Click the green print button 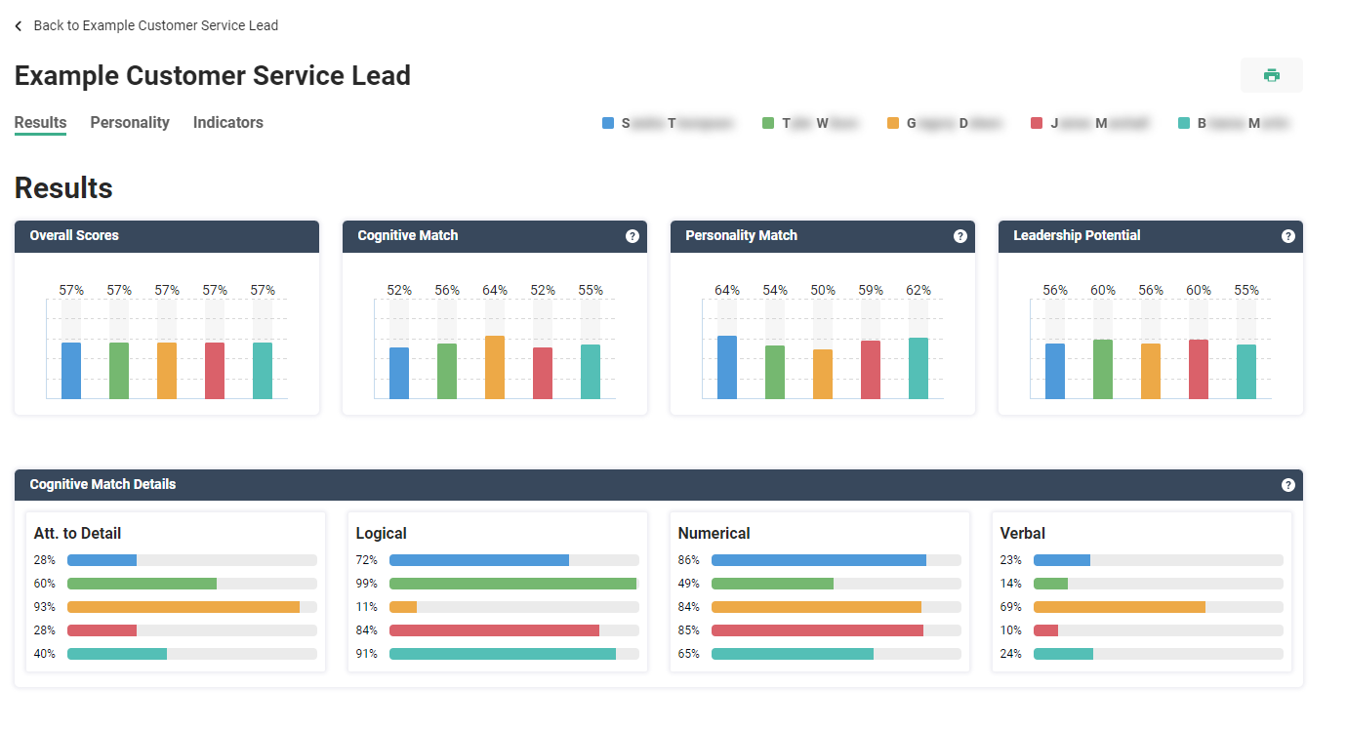[x=1271, y=75]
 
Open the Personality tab [x=130, y=123]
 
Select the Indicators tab [x=228, y=123]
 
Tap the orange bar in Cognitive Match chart [x=495, y=367]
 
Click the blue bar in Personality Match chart [x=727, y=367]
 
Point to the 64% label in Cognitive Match [x=495, y=290]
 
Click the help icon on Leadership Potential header [x=1288, y=236]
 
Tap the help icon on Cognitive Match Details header [x=1288, y=485]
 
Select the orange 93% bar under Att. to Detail [x=184, y=607]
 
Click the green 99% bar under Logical [x=512, y=584]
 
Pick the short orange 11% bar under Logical [x=403, y=607]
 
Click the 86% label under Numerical [x=688, y=560]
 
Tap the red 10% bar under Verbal [x=1045, y=630]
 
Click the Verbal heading [x=1022, y=534]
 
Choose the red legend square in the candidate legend [x=1037, y=123]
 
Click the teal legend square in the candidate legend [x=1184, y=123]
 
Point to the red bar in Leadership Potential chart [x=1199, y=369]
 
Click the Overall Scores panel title [x=74, y=236]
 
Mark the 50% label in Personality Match [x=823, y=290]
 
